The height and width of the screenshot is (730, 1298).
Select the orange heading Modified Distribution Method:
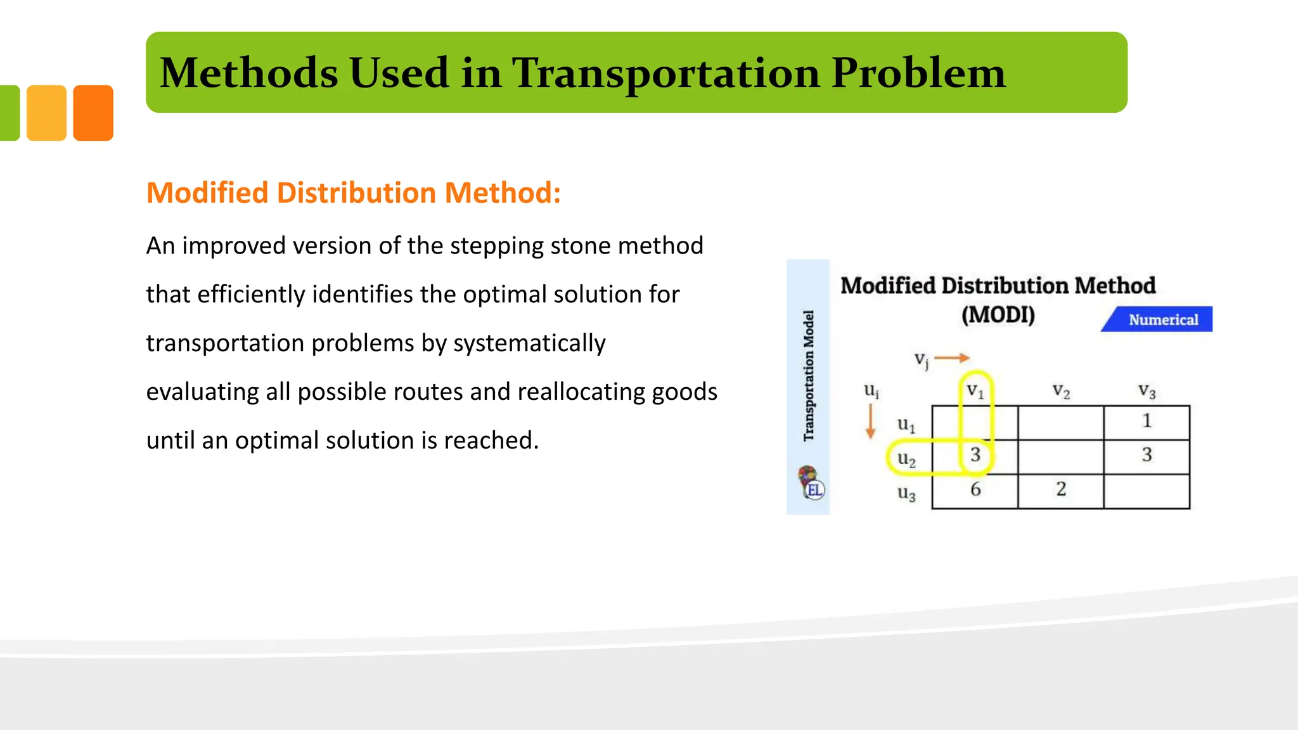pos(354,193)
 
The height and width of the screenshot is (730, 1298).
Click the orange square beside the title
pos(93,113)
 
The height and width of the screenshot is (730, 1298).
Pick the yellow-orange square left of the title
pos(46,113)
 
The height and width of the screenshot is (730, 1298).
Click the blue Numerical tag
pos(1162,319)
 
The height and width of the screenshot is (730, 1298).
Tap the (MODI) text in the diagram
pos(998,314)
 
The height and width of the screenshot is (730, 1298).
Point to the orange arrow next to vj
pos(952,358)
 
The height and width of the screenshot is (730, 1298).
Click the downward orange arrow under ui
pos(871,421)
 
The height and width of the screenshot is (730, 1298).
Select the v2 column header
pos(1061,391)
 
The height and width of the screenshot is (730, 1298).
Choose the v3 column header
pos(1147,391)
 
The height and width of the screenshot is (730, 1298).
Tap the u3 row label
pos(906,493)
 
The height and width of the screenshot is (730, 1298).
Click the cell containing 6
pos(975,489)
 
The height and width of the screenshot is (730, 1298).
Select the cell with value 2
pos(1061,489)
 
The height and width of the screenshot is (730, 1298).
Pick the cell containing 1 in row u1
pos(1147,421)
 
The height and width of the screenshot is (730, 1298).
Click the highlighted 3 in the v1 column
pos(975,455)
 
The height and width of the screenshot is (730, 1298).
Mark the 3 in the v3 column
pos(1147,455)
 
